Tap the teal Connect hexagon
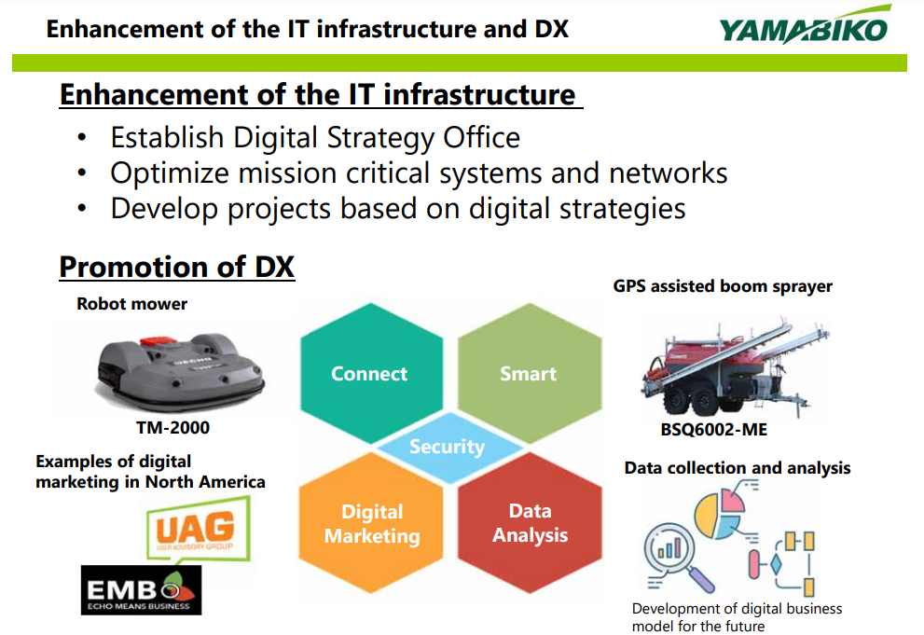(x=371, y=373)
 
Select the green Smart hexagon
(x=530, y=373)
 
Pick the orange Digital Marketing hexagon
(x=371, y=523)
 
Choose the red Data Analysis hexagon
(x=530, y=523)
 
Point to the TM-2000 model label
(x=172, y=427)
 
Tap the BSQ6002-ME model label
(x=713, y=430)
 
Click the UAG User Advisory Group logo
(x=198, y=529)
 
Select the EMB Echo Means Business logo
(x=141, y=590)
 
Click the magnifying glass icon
(x=678, y=557)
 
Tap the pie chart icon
(x=720, y=511)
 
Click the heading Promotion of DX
(x=177, y=267)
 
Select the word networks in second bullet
(x=669, y=173)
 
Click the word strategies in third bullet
(x=622, y=210)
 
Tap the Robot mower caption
(x=132, y=304)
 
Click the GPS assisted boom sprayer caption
(x=723, y=286)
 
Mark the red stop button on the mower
(x=158, y=341)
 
